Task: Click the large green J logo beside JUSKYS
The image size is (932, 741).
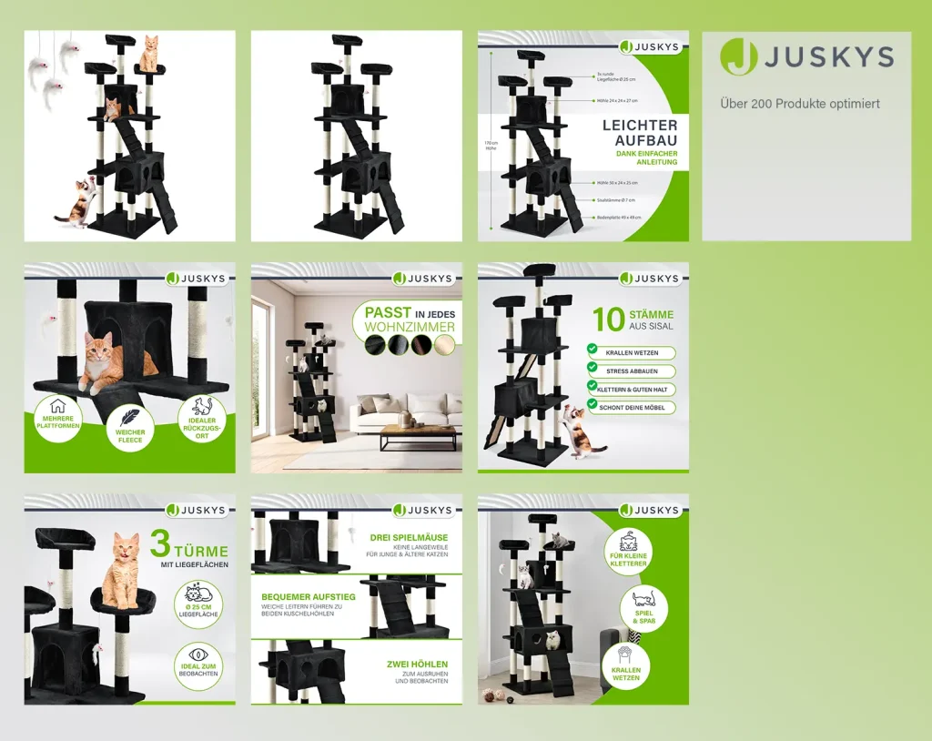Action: click(x=738, y=57)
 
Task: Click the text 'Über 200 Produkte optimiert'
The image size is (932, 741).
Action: click(x=800, y=104)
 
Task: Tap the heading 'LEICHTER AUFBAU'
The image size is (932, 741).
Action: click(x=640, y=133)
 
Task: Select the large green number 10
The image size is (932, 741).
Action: click(x=608, y=320)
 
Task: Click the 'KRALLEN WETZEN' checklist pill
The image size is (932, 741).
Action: click(x=633, y=352)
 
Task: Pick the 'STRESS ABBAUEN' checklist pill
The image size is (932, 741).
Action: click(x=633, y=371)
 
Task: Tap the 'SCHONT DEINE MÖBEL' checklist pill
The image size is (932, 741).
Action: click(x=633, y=408)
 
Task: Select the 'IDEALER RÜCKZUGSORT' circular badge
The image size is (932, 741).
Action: click(x=202, y=421)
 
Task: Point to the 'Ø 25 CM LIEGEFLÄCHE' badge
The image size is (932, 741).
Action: click(x=198, y=602)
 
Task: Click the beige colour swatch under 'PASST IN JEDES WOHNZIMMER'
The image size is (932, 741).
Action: click(x=444, y=345)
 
